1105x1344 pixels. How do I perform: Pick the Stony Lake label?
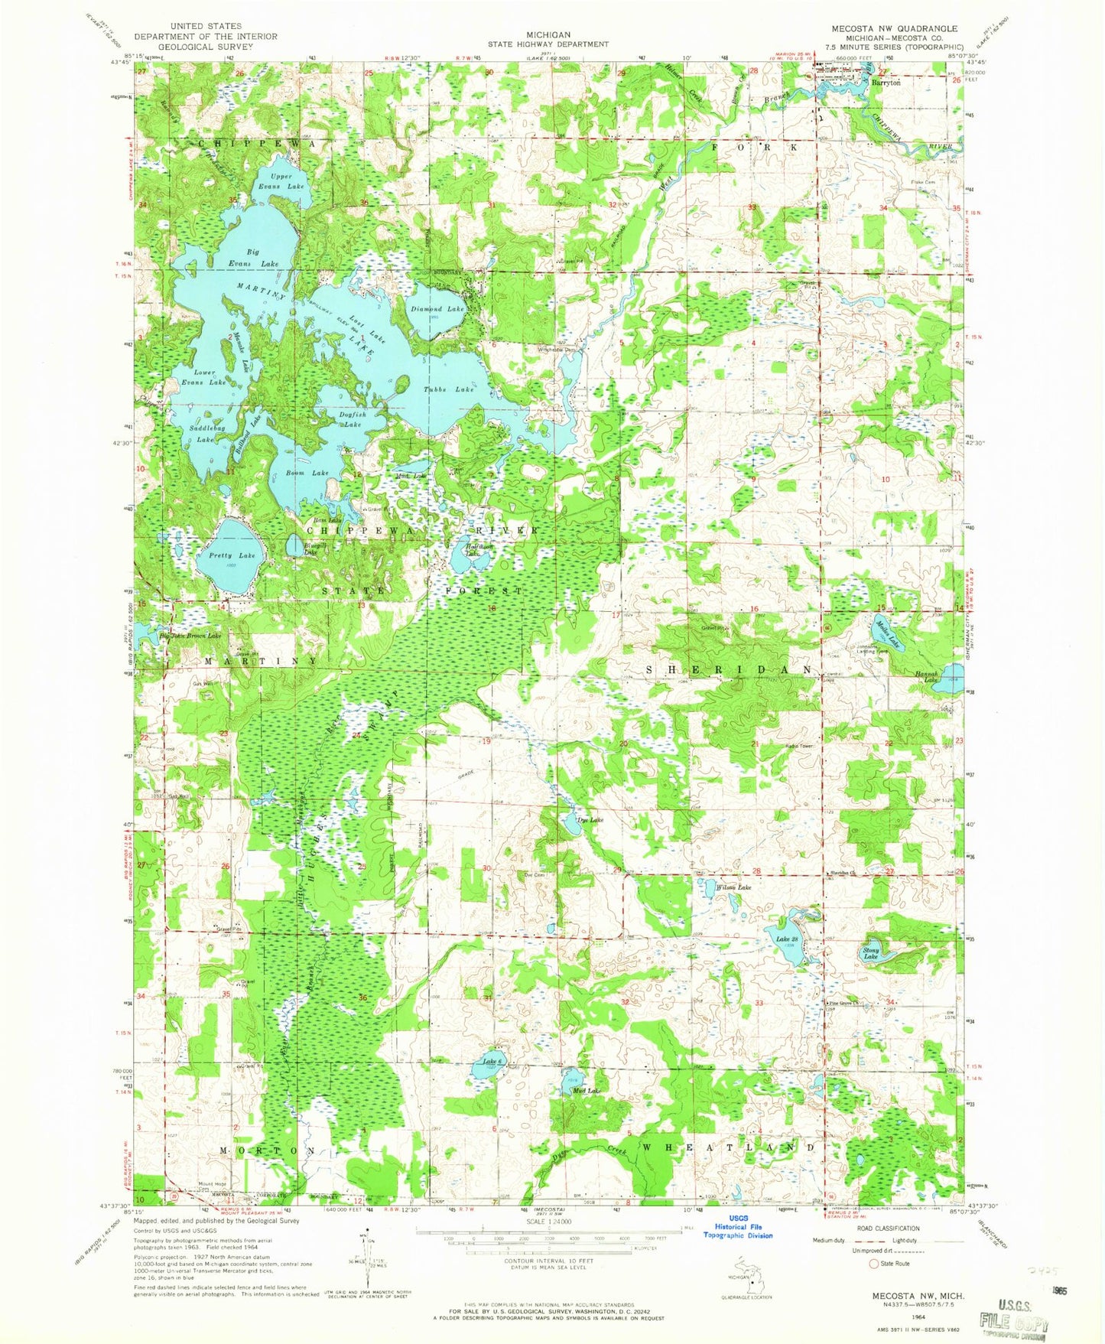pos(871,954)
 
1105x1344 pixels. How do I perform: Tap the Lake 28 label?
pos(787,939)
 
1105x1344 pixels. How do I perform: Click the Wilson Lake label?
pos(733,887)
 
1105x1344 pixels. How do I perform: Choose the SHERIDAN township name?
pos(729,669)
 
